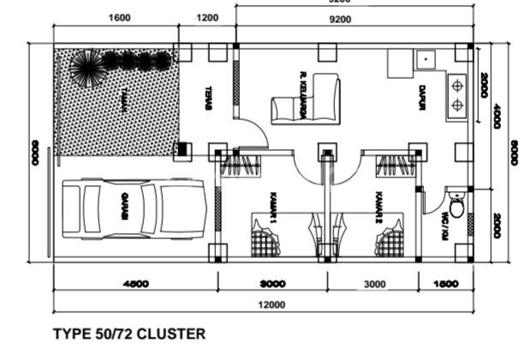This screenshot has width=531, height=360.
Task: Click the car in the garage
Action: pyautogui.click(x=134, y=208)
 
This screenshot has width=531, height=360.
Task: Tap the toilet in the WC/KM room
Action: pyautogui.click(x=457, y=207)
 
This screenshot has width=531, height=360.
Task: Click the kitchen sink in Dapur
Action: pyautogui.click(x=424, y=61)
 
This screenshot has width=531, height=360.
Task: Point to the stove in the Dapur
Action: pyautogui.click(x=456, y=96)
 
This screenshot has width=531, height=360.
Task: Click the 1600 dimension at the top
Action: pyautogui.click(x=121, y=17)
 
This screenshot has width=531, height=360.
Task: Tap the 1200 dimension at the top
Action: pyautogui.click(x=207, y=17)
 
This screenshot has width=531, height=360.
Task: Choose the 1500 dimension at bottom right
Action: pyautogui.click(x=446, y=284)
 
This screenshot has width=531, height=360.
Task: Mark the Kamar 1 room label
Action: pyautogui.click(x=274, y=207)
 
